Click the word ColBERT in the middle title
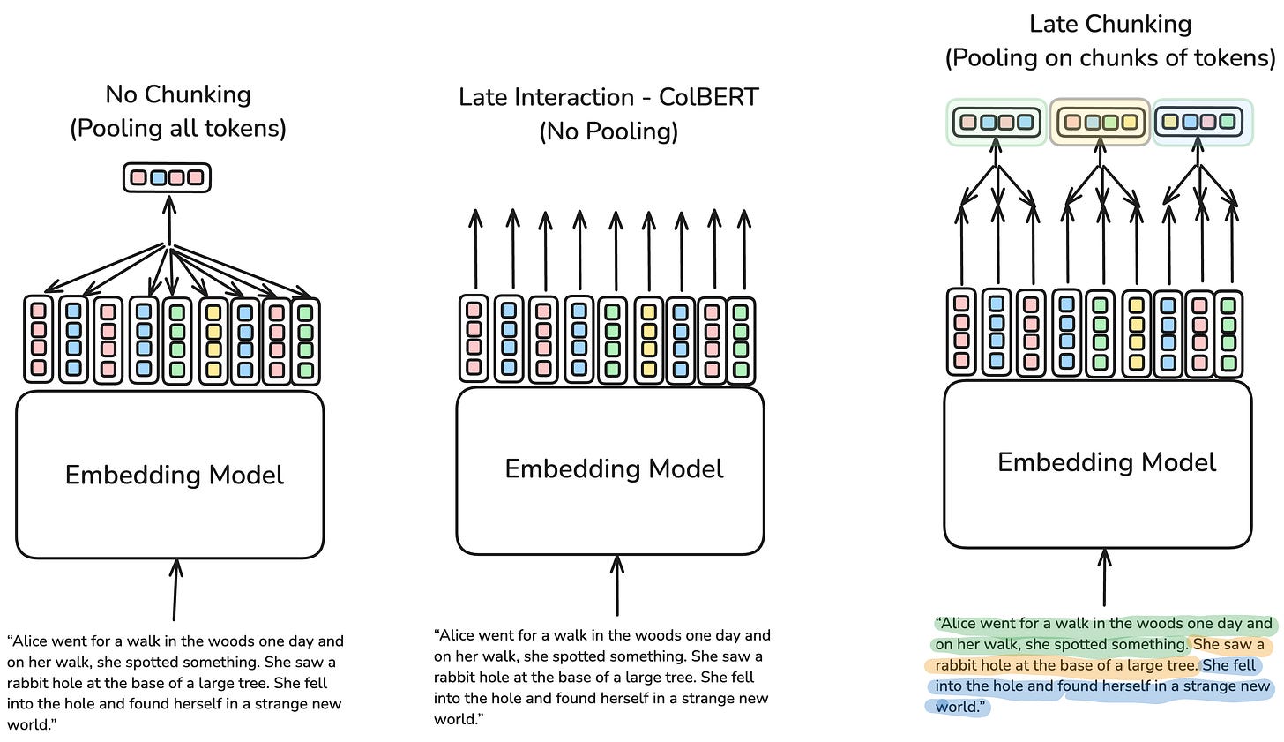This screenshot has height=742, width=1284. tap(708, 97)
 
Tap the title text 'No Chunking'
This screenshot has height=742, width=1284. tap(178, 94)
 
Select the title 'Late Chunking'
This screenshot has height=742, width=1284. tap(1110, 24)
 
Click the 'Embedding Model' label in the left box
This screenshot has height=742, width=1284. tap(175, 475)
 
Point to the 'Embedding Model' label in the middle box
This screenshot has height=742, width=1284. tap(614, 468)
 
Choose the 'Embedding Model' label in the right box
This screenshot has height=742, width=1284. tap(1106, 462)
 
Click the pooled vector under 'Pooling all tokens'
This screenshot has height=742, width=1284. tap(167, 177)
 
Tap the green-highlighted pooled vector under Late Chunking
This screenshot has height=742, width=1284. tap(997, 122)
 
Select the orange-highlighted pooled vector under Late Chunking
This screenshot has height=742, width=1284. tap(1100, 122)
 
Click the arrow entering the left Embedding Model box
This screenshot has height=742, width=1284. tap(175, 590)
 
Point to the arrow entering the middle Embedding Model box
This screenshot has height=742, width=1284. tap(616, 586)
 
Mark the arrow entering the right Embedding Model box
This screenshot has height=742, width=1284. tap(1105, 577)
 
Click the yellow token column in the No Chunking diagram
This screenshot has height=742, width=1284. tap(213, 340)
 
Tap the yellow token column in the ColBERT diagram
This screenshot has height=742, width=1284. tap(649, 340)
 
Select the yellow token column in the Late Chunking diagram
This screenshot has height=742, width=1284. tap(1136, 334)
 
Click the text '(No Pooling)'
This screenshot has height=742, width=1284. tap(608, 131)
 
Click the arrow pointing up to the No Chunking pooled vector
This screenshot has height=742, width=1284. tap(168, 221)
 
